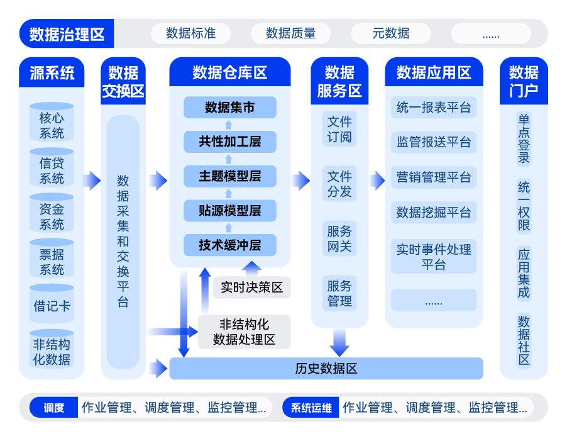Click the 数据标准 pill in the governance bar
(190, 33)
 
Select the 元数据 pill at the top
(390, 33)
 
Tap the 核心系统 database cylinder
(52, 125)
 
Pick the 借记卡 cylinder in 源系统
(52, 306)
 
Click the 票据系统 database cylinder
(52, 262)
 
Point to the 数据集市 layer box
(230, 108)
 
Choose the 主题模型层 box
(230, 176)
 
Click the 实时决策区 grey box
(251, 287)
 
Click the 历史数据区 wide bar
(326, 369)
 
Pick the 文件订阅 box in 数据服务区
(339, 129)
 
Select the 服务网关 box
(339, 238)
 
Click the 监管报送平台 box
(433, 142)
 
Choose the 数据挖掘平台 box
(433, 213)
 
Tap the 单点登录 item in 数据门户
(524, 138)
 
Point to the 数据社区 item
(524, 340)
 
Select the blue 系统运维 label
(311, 408)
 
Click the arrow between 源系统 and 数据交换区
(92, 181)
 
